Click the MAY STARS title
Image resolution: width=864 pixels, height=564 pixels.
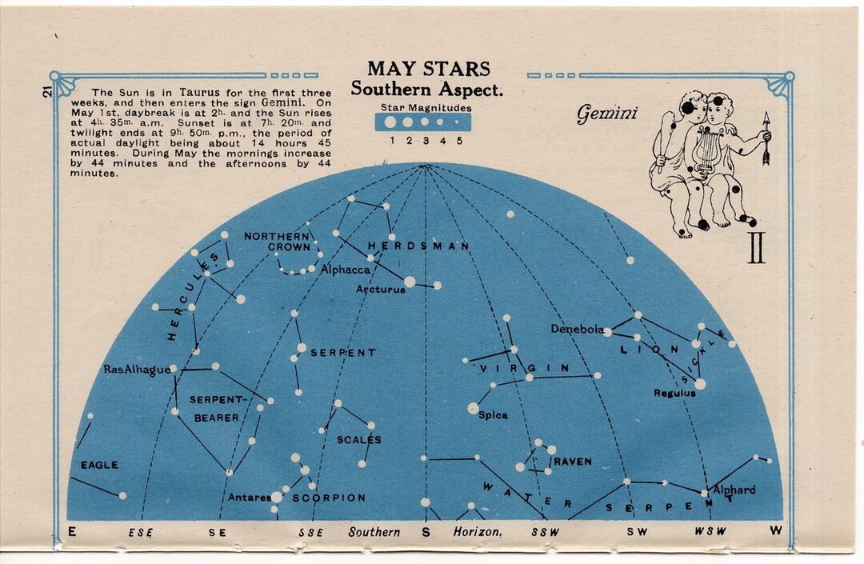tap(428, 69)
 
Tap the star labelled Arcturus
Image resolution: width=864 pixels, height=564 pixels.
tap(410, 282)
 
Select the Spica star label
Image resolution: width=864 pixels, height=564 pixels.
tap(493, 415)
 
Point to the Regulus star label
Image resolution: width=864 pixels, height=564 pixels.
tap(674, 393)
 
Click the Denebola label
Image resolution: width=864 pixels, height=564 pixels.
tap(576, 329)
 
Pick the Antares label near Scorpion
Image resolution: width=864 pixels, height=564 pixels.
tap(249, 498)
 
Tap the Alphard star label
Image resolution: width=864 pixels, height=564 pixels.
tap(734, 490)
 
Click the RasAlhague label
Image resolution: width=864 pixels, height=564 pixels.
tap(137, 370)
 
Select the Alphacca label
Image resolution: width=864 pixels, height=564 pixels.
tap(346, 270)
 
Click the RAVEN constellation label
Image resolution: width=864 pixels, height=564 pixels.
tap(573, 462)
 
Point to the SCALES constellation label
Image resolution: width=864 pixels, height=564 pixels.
tap(359, 439)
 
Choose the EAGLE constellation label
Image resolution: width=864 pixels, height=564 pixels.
tap(99, 465)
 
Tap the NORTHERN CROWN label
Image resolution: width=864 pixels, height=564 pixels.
tap(277, 242)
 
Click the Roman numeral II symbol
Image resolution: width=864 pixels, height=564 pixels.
tap(756, 248)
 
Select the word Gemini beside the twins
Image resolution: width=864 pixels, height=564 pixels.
tap(607, 114)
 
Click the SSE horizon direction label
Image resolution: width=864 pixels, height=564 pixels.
tap(310, 532)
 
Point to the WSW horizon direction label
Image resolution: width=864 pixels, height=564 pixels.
tap(710, 532)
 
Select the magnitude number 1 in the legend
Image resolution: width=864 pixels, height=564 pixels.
tap(391, 141)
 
